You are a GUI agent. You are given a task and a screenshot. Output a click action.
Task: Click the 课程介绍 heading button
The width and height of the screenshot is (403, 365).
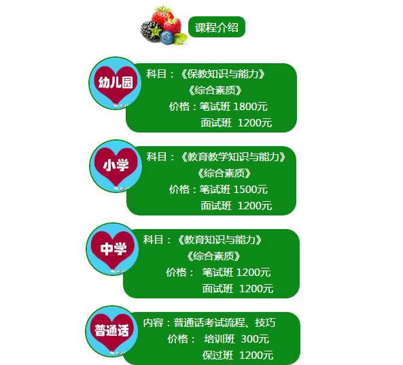[217, 27]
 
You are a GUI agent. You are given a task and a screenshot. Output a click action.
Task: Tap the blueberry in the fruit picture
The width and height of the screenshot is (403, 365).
[167, 37]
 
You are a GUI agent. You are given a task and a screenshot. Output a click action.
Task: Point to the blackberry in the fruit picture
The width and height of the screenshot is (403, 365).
[151, 31]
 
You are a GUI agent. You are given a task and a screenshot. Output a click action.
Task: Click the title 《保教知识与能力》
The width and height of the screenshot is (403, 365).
[223, 74]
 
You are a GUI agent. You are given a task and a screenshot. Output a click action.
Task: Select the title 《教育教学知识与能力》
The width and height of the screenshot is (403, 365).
[233, 157]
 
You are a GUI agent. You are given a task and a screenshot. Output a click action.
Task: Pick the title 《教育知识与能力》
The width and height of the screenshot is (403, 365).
[220, 240]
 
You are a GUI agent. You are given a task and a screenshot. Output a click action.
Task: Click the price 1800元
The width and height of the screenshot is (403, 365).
[251, 107]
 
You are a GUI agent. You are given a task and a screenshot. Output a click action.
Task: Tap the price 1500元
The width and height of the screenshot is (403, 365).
[251, 190]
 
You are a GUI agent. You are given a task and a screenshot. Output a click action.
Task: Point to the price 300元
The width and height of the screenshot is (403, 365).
[255, 339]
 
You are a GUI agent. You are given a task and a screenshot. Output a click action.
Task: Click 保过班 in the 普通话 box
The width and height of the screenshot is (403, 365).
[217, 355]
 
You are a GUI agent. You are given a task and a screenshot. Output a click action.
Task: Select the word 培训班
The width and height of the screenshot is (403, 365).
[220, 339]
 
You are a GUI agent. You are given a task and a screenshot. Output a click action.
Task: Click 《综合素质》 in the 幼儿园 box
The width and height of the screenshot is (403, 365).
[215, 90]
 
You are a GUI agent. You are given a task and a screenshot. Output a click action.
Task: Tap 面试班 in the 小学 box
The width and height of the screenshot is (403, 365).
[216, 206]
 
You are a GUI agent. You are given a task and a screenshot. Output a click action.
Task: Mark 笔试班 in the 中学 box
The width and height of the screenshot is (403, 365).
[217, 273]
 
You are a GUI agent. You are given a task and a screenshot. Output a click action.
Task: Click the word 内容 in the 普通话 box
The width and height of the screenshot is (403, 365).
[153, 323]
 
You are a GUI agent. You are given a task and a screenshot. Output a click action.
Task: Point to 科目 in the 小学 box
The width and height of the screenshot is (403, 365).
[156, 157]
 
